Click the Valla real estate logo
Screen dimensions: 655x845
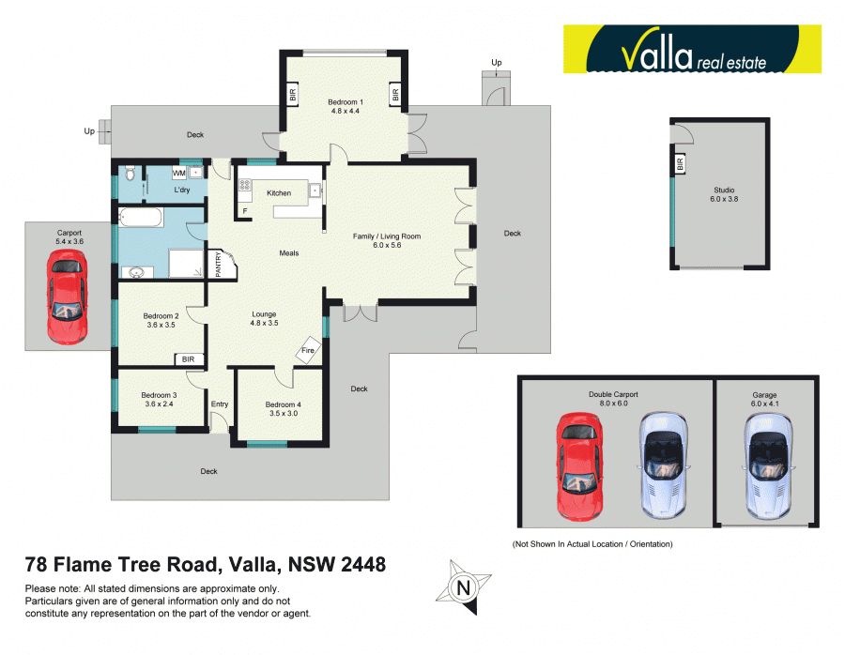[x=692, y=50]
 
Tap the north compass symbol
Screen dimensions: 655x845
[x=462, y=586]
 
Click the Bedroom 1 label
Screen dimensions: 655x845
[x=344, y=106]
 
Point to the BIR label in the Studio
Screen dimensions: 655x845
[x=679, y=163]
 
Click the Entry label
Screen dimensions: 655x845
[x=220, y=404]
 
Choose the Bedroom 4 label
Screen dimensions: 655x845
[x=284, y=408]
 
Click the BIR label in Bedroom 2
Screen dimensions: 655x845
[x=188, y=359]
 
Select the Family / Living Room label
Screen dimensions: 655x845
[x=386, y=240]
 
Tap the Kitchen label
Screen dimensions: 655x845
[x=279, y=193]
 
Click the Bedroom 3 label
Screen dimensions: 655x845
[x=160, y=400]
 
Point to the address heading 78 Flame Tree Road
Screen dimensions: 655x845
[x=205, y=565]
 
